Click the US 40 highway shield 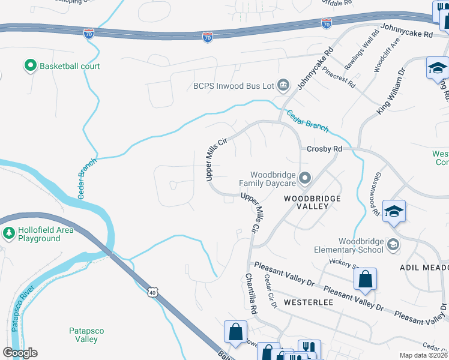(152, 292)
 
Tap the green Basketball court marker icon (29, 66)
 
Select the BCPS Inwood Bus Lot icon (284, 86)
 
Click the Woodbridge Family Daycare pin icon (305, 178)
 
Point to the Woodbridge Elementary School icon (393, 244)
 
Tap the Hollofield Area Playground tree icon (8, 233)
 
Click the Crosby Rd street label (324, 149)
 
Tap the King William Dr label (391, 90)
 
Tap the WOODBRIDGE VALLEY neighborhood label (312, 202)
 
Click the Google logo (20, 353)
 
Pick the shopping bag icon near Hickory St (365, 279)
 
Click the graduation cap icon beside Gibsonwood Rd (394, 212)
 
